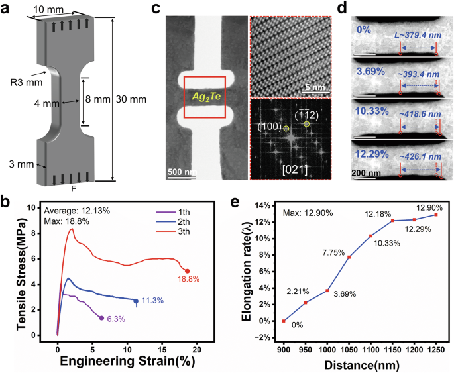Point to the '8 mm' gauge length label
pos(99,100)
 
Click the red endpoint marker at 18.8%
pos(187,271)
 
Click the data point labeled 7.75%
pos(349,257)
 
